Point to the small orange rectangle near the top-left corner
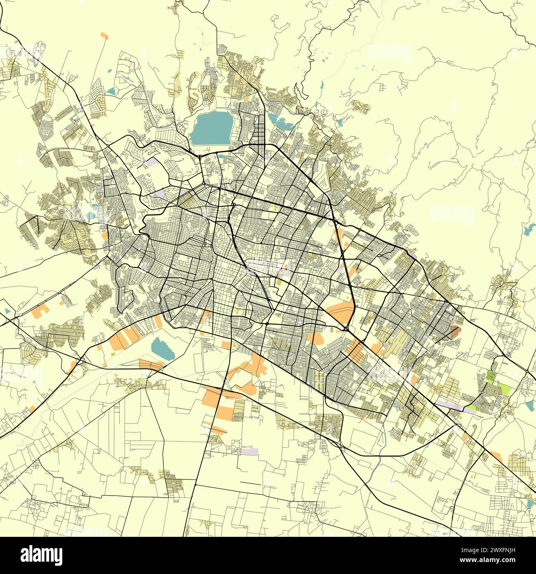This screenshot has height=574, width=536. pyautogui.click(x=104, y=36)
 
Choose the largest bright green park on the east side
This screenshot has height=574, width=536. pyautogui.click(x=505, y=389)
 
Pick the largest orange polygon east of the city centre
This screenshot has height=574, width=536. pyautogui.click(x=342, y=311)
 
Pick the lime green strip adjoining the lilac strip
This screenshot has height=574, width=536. pyautogui.click(x=471, y=408)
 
